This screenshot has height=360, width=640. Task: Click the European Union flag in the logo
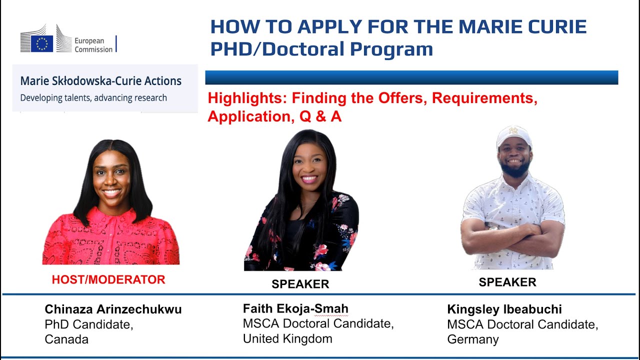(42, 44)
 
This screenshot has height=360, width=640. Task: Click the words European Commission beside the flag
(93, 45)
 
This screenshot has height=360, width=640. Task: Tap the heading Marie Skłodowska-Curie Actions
(100, 81)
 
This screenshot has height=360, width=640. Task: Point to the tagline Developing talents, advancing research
(93, 97)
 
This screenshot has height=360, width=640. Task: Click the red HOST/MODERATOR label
(108, 280)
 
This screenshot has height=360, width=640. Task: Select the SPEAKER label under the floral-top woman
(300, 284)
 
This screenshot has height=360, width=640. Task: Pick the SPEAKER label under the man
(507, 282)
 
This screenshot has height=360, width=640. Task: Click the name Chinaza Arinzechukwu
(113, 309)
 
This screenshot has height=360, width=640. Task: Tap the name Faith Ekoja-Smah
(295, 308)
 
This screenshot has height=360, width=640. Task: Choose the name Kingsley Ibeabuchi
(504, 309)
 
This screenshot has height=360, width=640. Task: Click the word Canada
(66, 339)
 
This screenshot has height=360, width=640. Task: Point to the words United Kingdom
(287, 338)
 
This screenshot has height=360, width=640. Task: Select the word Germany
(472, 339)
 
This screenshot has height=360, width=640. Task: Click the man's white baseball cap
(513, 136)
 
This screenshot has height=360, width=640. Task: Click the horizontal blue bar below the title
(411, 77)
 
